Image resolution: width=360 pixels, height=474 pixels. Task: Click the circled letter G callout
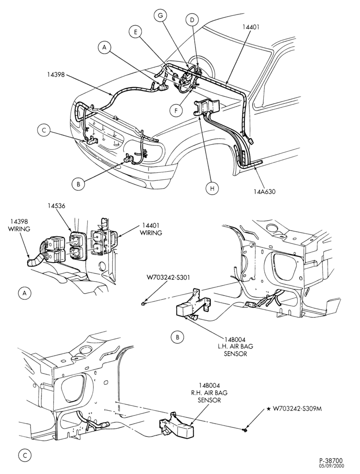tap(160, 16)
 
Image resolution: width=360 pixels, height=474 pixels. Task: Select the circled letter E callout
tap(136, 32)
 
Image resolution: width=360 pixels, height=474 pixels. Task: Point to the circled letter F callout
tap(176, 110)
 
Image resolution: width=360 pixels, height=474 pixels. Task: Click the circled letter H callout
tap(212, 188)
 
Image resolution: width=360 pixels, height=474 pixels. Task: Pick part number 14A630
tap(265, 191)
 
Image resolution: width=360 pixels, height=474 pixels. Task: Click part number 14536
tap(56, 206)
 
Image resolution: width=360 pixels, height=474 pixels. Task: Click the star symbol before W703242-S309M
tap(269, 409)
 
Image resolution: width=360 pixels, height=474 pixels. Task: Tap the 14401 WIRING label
tap(150, 229)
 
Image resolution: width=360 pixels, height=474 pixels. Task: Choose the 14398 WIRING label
tap(19, 225)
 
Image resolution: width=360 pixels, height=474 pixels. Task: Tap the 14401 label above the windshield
tap(251, 27)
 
